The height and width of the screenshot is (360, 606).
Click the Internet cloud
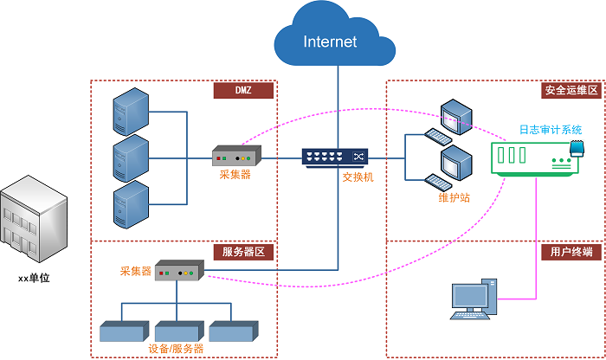[x=329, y=40]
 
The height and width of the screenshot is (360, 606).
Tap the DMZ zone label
[x=243, y=91]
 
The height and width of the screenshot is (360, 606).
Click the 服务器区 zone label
[x=243, y=253]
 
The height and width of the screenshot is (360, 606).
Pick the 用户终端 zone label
[x=571, y=253]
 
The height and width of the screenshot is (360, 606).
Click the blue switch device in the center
[x=334, y=157]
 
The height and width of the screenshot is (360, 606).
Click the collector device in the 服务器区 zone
[x=178, y=272]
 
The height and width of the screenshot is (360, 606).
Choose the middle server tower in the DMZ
[x=130, y=157]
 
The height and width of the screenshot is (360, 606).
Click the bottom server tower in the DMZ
[x=130, y=203]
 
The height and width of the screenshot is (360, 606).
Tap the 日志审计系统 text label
[x=550, y=129]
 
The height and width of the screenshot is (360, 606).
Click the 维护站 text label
[x=454, y=197]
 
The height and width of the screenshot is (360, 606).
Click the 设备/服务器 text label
[x=177, y=348]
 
